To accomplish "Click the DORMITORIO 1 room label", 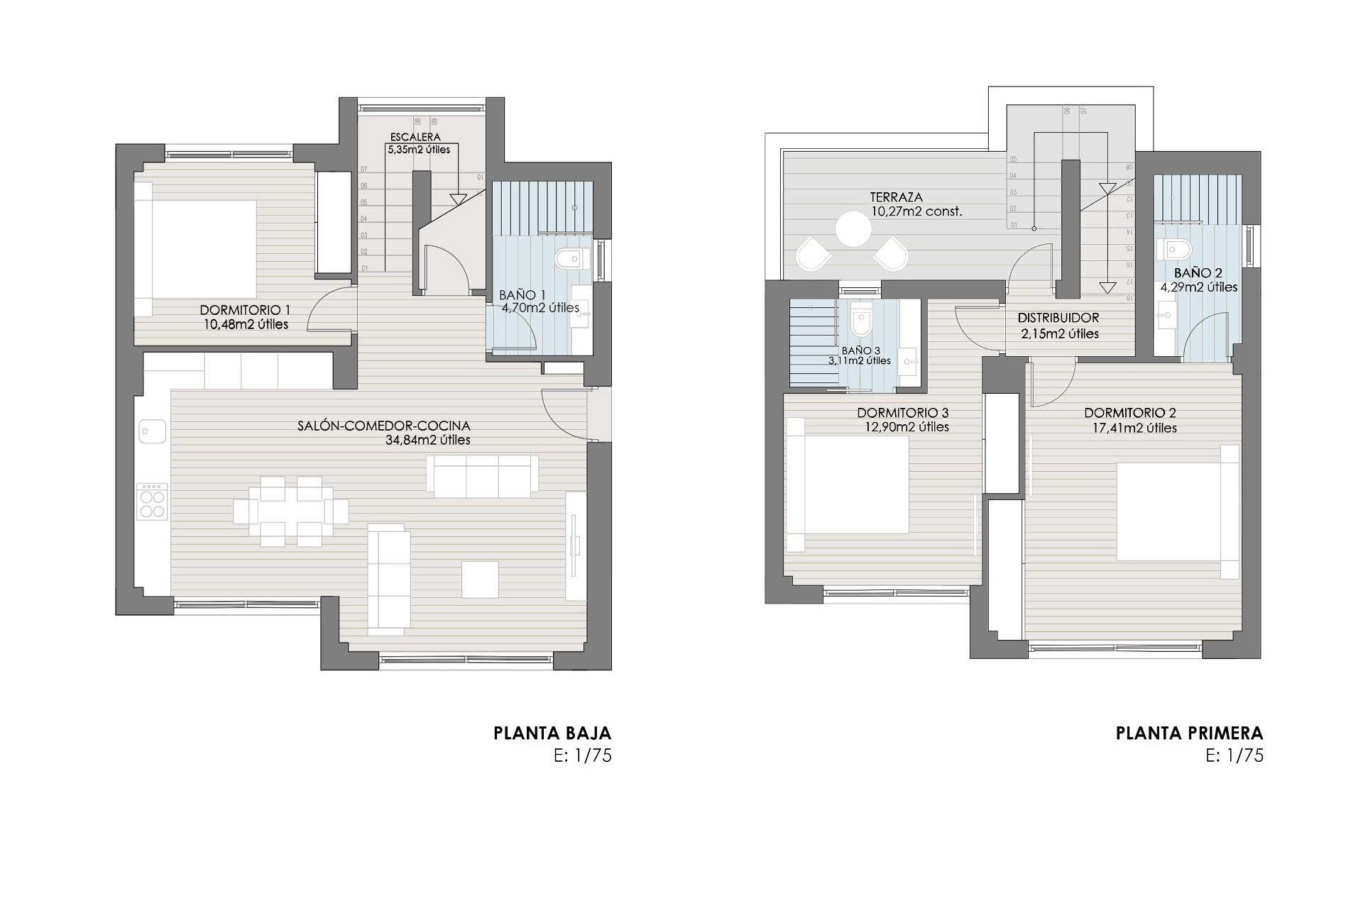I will point(245,310).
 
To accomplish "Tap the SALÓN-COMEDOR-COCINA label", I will point(384,426).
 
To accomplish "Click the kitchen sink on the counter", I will point(153,431).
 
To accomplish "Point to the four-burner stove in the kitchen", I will point(153,502).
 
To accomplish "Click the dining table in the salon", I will point(291,511).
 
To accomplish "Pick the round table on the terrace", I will point(853,230).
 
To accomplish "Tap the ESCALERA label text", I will point(415,137).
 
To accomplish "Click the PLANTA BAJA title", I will point(552,733).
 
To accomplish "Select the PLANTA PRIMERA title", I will point(1189,733).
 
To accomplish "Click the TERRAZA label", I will point(897,197).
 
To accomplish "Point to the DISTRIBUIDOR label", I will point(1058,319).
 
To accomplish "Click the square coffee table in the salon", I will point(480,579).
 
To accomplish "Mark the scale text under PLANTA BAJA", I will point(582,755).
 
